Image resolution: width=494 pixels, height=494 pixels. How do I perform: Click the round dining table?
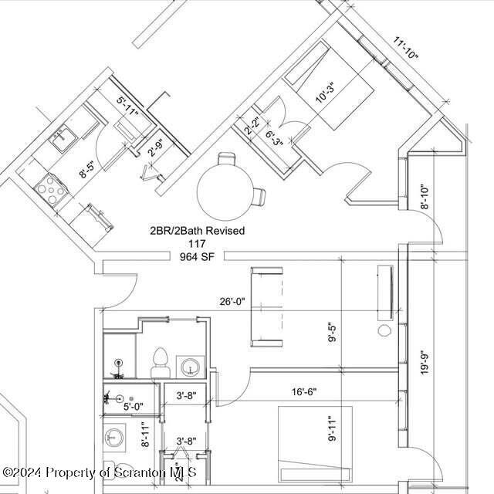(225, 192)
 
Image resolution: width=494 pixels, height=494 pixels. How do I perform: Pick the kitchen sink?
(61, 140)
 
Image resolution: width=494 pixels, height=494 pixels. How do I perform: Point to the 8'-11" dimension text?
(144, 435)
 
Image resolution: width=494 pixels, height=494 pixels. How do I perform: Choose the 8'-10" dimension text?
(424, 198)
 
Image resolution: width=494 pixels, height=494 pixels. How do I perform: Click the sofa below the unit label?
(266, 306)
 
